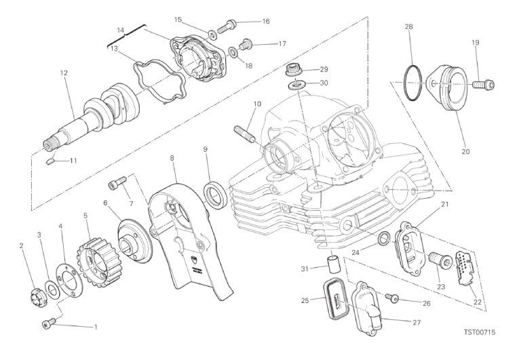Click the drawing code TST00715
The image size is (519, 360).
[x=479, y=332]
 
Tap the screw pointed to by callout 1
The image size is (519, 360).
[x=47, y=323]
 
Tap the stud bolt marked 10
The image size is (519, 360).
[x=245, y=134]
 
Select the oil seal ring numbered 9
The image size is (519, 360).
[x=216, y=195]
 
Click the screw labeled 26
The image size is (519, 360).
[x=393, y=298]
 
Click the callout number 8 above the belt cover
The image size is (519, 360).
[x=172, y=158]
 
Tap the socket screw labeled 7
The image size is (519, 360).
[x=117, y=182]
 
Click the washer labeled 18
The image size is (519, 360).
[x=233, y=52]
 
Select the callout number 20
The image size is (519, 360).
[x=465, y=152]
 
